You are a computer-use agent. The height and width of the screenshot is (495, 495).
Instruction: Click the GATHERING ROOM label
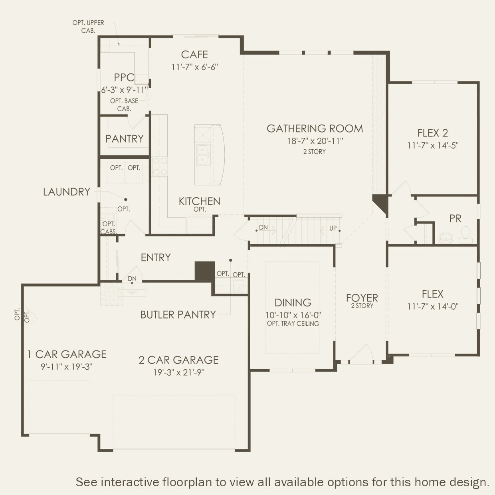(315, 129)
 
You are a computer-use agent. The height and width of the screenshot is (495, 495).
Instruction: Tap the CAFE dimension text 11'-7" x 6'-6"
(194, 67)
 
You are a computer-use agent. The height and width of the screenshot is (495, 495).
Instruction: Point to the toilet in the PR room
(465, 235)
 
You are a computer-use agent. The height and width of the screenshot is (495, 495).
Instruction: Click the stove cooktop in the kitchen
(160, 167)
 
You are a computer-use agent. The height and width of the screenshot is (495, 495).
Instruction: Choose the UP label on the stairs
(333, 228)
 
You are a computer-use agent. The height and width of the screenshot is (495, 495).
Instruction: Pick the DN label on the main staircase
(263, 227)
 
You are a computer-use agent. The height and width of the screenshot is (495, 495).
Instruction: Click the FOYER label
(362, 298)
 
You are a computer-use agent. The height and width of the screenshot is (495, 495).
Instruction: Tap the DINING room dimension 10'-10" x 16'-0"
(293, 315)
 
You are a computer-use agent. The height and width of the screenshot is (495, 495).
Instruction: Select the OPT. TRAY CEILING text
(293, 324)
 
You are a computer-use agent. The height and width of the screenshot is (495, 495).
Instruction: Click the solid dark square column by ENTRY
(204, 271)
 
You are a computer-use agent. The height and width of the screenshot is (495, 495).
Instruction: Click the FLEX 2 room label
(433, 133)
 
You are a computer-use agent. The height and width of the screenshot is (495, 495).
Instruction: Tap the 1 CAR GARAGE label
(67, 354)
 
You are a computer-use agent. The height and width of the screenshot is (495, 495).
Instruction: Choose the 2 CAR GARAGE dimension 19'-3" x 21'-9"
(179, 372)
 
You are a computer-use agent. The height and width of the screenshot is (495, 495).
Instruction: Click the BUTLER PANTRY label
(178, 315)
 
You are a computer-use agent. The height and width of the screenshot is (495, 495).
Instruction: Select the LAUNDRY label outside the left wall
(67, 192)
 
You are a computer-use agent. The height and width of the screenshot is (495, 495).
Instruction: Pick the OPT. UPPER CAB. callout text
(88, 27)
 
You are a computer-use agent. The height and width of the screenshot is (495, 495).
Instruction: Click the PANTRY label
(124, 139)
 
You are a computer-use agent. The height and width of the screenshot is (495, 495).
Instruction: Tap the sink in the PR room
(446, 238)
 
